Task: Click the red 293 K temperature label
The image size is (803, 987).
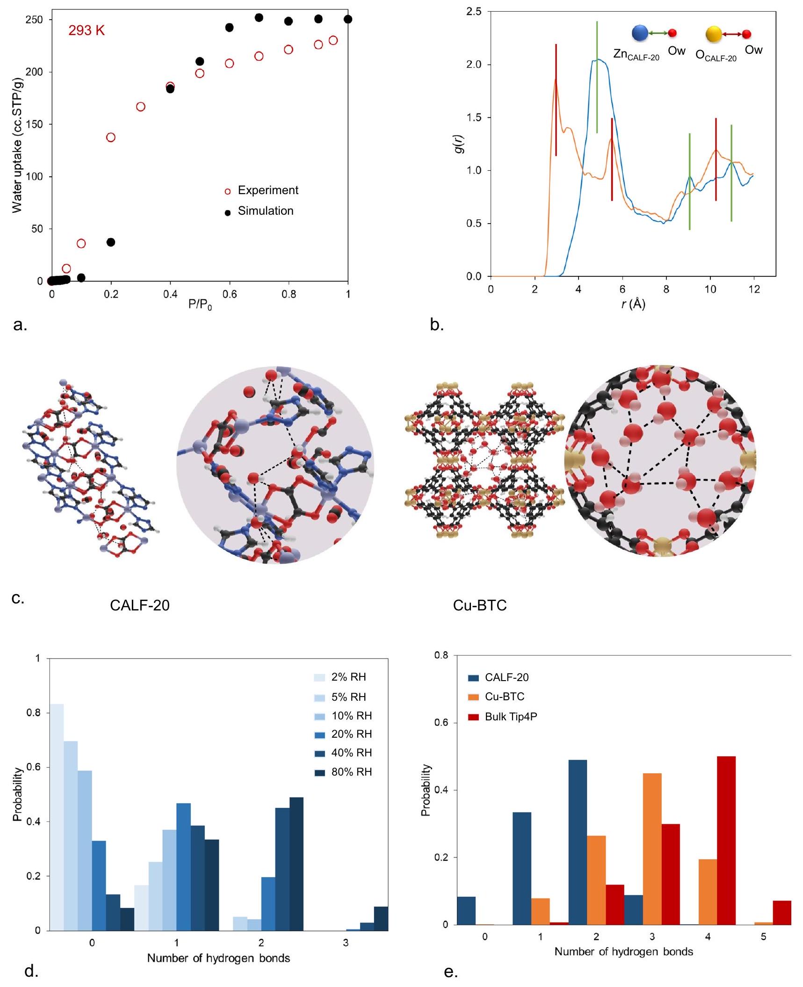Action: coord(87,31)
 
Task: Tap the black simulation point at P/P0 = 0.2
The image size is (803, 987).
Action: coord(111,242)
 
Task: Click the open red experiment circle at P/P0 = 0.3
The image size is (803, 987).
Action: coord(140,107)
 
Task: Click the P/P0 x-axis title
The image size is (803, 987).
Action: coord(200,305)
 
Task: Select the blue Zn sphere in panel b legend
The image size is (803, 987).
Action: coord(640,33)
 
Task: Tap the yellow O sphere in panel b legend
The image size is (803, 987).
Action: coord(714,34)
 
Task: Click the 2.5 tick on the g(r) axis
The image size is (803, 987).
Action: coord(474,12)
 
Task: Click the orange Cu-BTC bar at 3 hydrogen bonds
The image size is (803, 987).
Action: coord(652,849)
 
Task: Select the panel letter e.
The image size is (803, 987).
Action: coord(450,972)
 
